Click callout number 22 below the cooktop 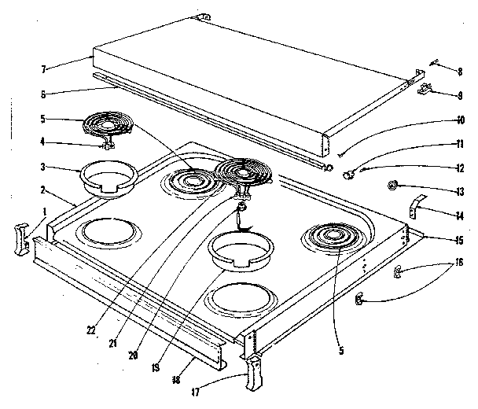(91, 330)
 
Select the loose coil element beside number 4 (108, 126)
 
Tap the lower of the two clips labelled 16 (358, 299)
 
